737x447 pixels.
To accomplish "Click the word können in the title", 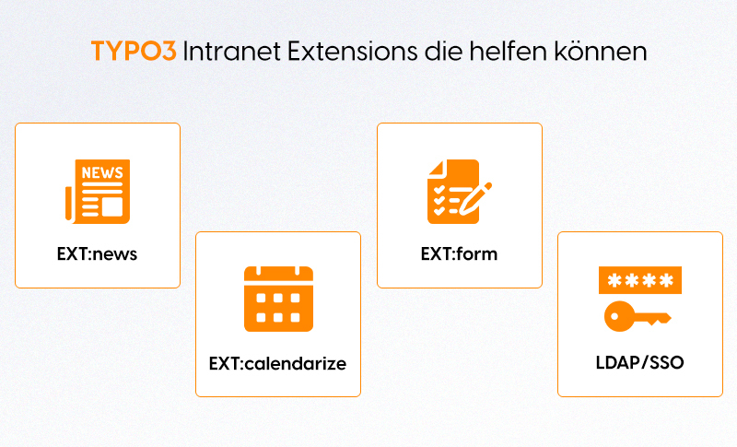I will [601, 52].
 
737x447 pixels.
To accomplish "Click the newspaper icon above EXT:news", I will [98, 191].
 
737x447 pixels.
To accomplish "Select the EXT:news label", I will [97, 253].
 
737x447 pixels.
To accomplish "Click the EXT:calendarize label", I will [277, 363].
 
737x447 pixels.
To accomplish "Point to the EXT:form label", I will [459, 253].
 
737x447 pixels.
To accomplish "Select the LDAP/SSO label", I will [639, 362].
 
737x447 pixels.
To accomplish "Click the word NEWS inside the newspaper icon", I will [102, 172].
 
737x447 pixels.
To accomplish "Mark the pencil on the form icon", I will [474, 195].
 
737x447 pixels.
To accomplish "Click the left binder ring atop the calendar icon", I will [261, 269].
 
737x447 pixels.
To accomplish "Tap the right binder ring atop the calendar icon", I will [296, 269].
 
